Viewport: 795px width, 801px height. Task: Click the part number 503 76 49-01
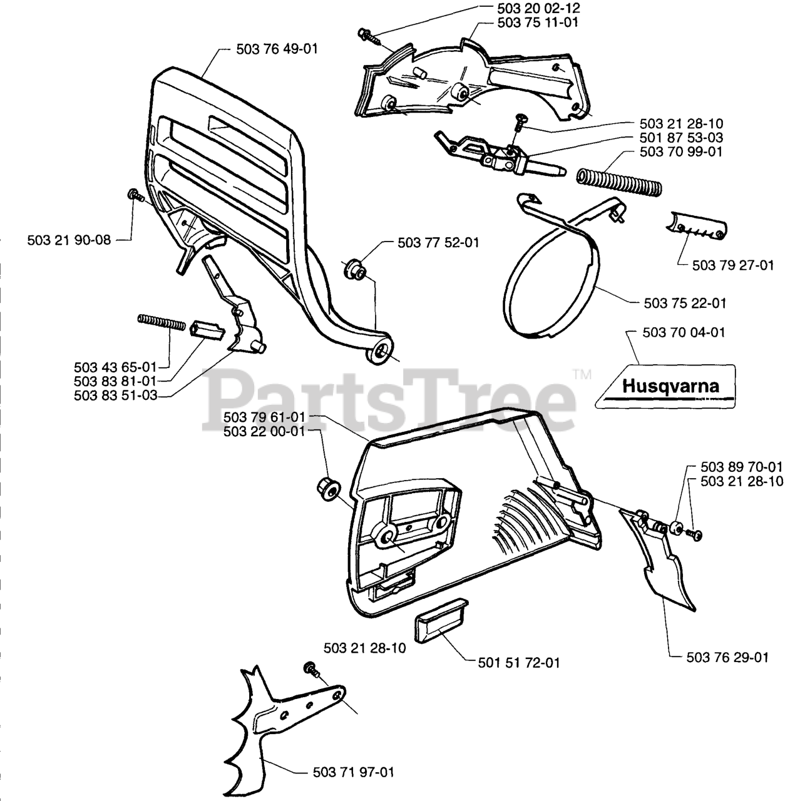click(x=277, y=48)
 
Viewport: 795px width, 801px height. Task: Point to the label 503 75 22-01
click(x=685, y=303)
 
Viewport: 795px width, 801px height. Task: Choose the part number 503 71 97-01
click(x=353, y=772)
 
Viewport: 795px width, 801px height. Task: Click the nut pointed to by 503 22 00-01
click(x=325, y=486)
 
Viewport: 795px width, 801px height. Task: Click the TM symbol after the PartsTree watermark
click(x=582, y=375)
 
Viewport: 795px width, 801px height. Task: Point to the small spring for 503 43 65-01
click(x=161, y=323)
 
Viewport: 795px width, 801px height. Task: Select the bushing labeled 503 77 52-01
click(x=355, y=269)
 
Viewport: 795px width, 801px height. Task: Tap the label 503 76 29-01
click(x=727, y=657)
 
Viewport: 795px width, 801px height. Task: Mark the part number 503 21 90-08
click(x=69, y=240)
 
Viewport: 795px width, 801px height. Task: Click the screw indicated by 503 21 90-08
click(x=135, y=195)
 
